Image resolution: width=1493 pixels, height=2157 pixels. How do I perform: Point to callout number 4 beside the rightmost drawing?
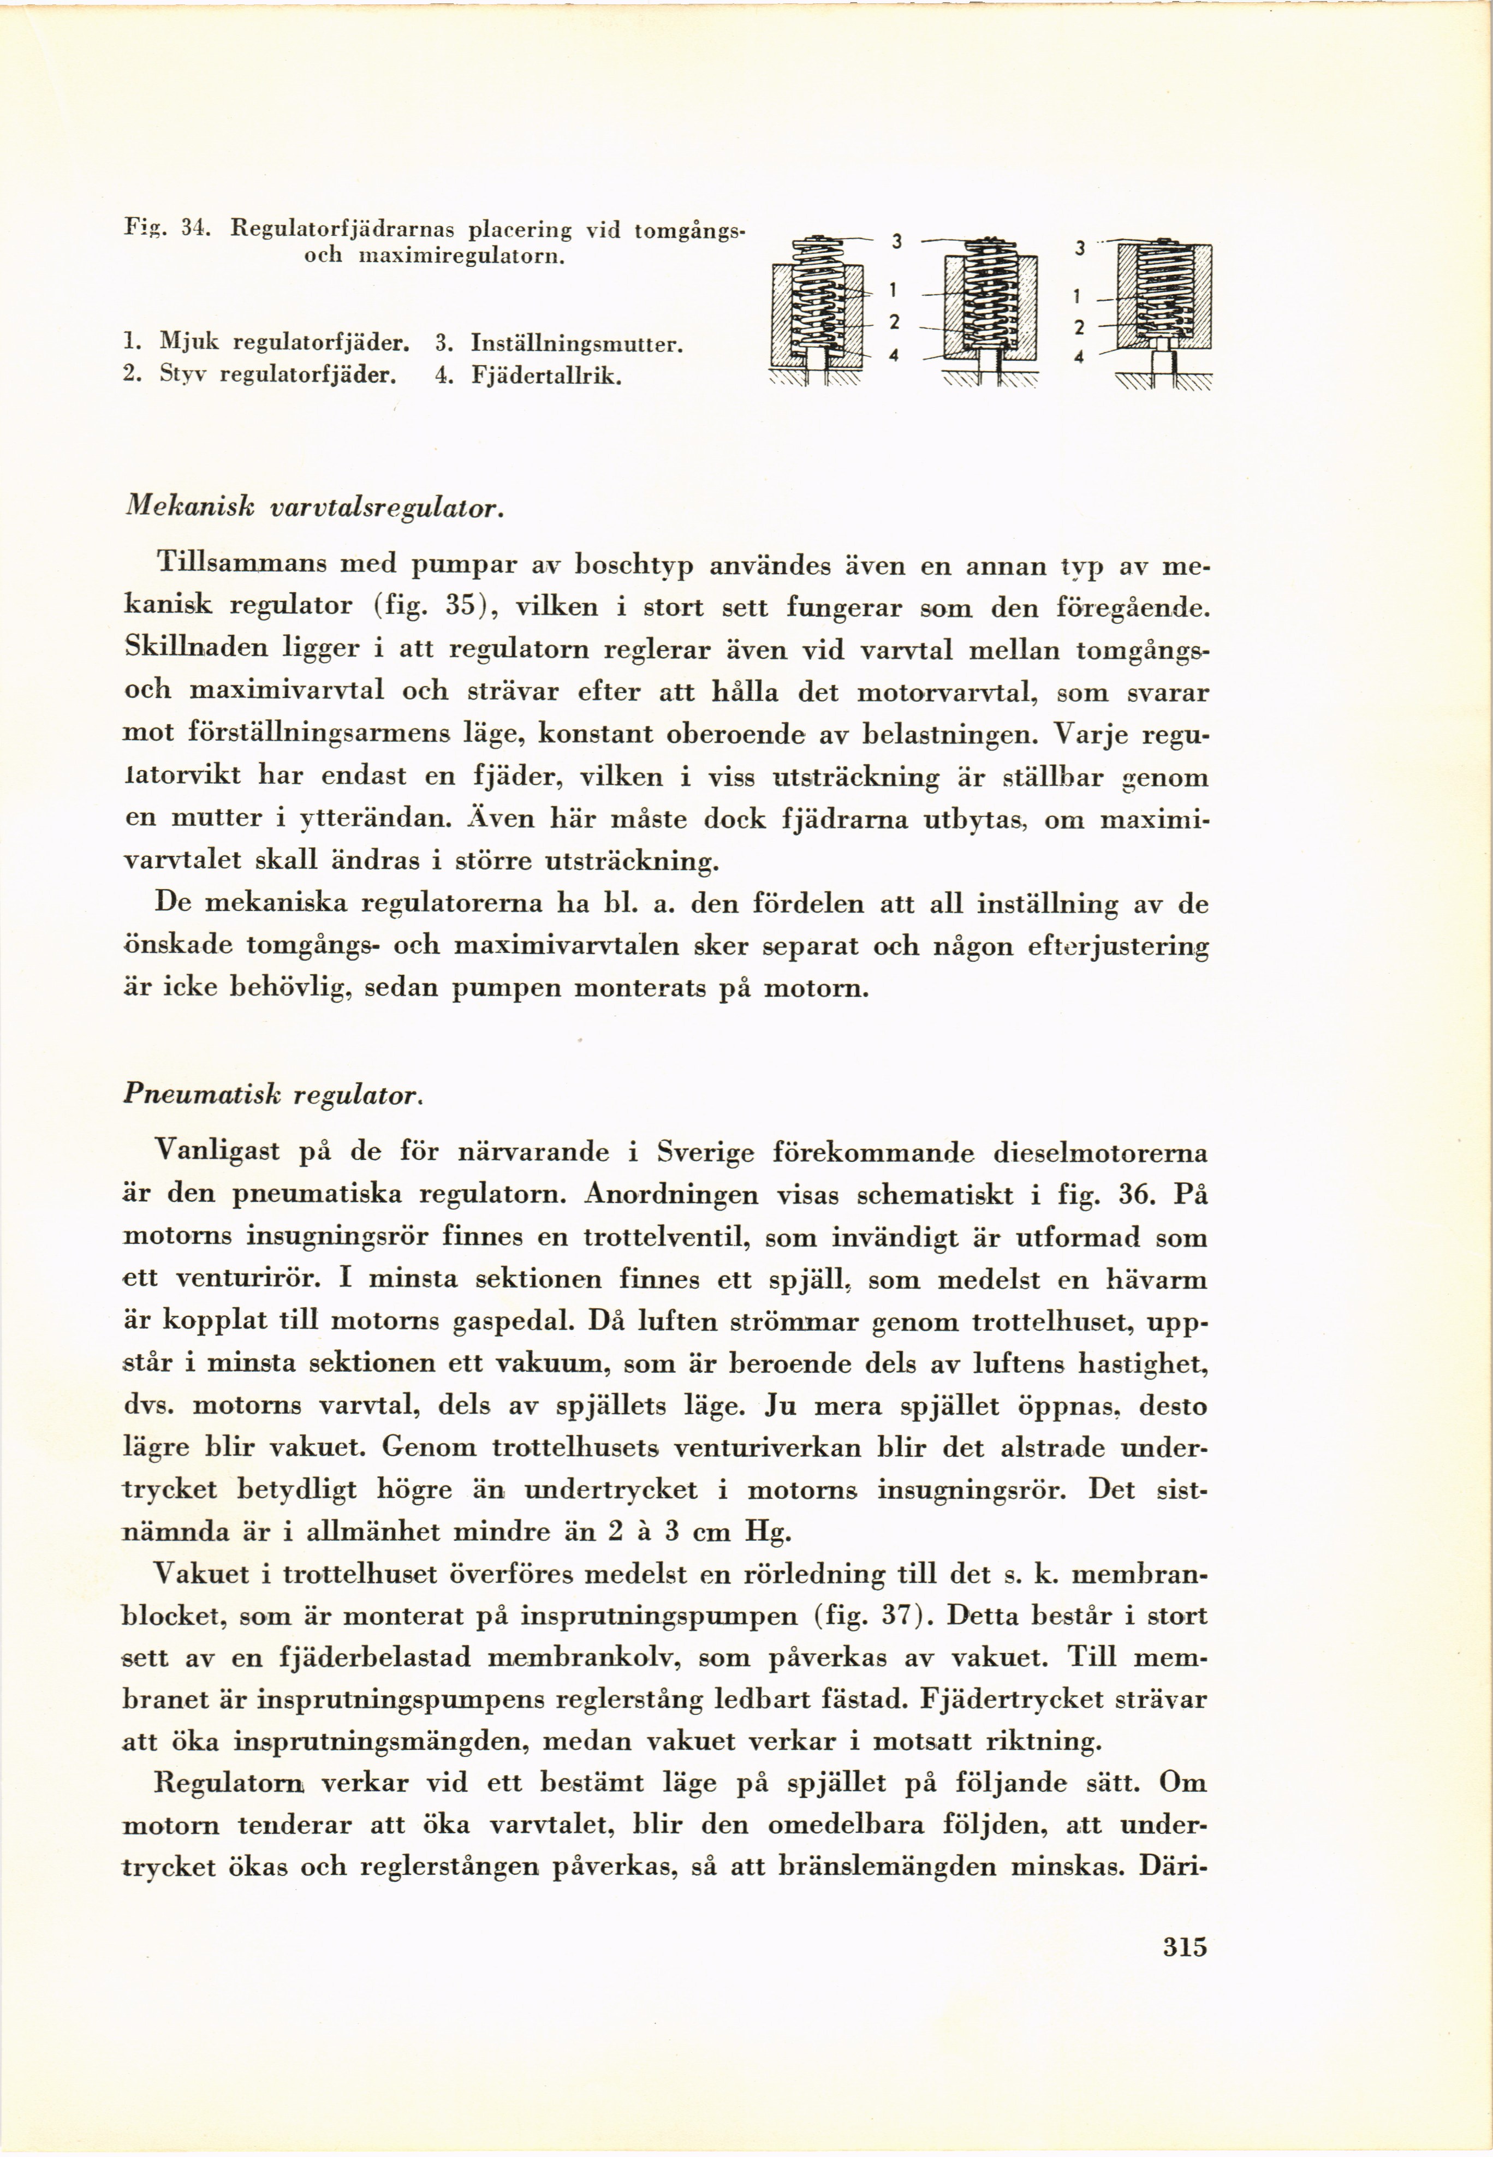[1079, 356]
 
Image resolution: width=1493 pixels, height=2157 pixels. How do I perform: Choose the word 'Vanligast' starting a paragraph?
[217, 1151]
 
